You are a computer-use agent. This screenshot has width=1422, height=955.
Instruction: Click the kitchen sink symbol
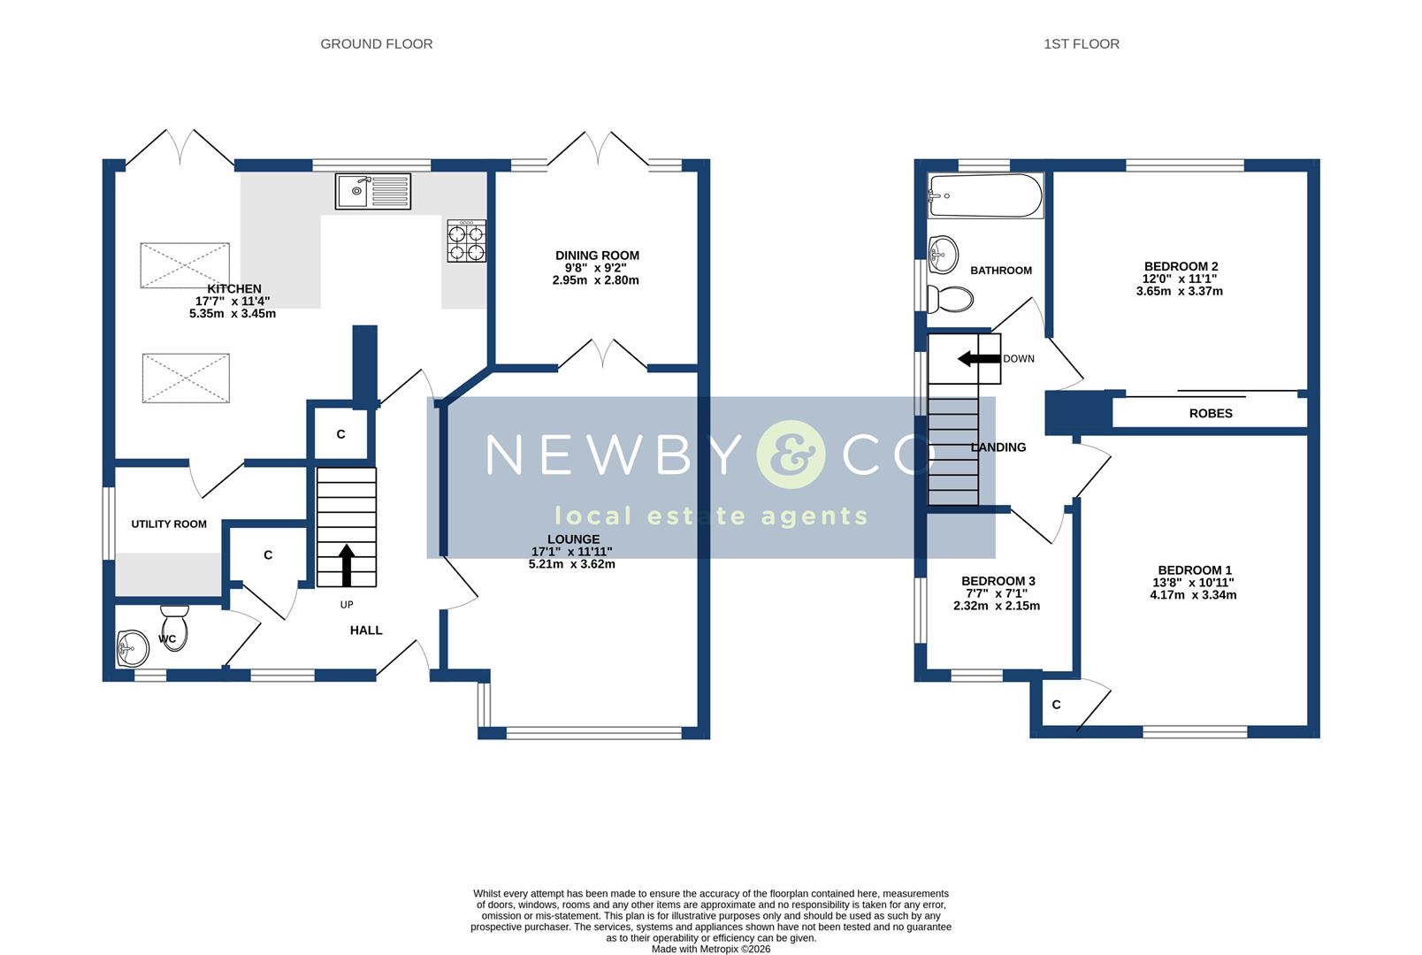click(x=372, y=191)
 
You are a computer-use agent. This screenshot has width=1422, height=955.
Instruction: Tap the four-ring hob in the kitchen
click(x=466, y=241)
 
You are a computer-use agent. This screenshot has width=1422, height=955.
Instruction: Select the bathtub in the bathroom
click(x=985, y=195)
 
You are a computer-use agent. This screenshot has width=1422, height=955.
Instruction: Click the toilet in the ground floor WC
click(x=174, y=627)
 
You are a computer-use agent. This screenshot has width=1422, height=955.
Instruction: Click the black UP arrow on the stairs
click(x=346, y=564)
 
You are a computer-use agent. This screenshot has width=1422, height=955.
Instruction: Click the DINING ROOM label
click(x=597, y=256)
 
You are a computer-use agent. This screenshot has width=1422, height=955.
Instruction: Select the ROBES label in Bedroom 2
click(x=1210, y=413)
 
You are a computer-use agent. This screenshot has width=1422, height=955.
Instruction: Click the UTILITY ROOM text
click(x=169, y=524)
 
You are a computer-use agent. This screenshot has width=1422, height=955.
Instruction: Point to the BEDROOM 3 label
click(x=998, y=581)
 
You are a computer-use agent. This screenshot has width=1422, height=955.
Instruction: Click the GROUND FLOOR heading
click(x=376, y=44)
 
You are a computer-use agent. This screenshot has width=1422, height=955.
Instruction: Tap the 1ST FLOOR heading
click(x=1081, y=44)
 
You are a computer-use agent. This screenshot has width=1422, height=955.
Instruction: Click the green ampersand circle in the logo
click(x=790, y=455)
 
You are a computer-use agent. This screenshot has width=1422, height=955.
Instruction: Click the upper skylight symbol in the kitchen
click(x=186, y=264)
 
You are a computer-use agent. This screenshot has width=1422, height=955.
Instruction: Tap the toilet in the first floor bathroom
click(x=950, y=299)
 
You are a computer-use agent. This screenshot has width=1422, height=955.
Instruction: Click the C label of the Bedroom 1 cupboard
click(x=1056, y=705)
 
